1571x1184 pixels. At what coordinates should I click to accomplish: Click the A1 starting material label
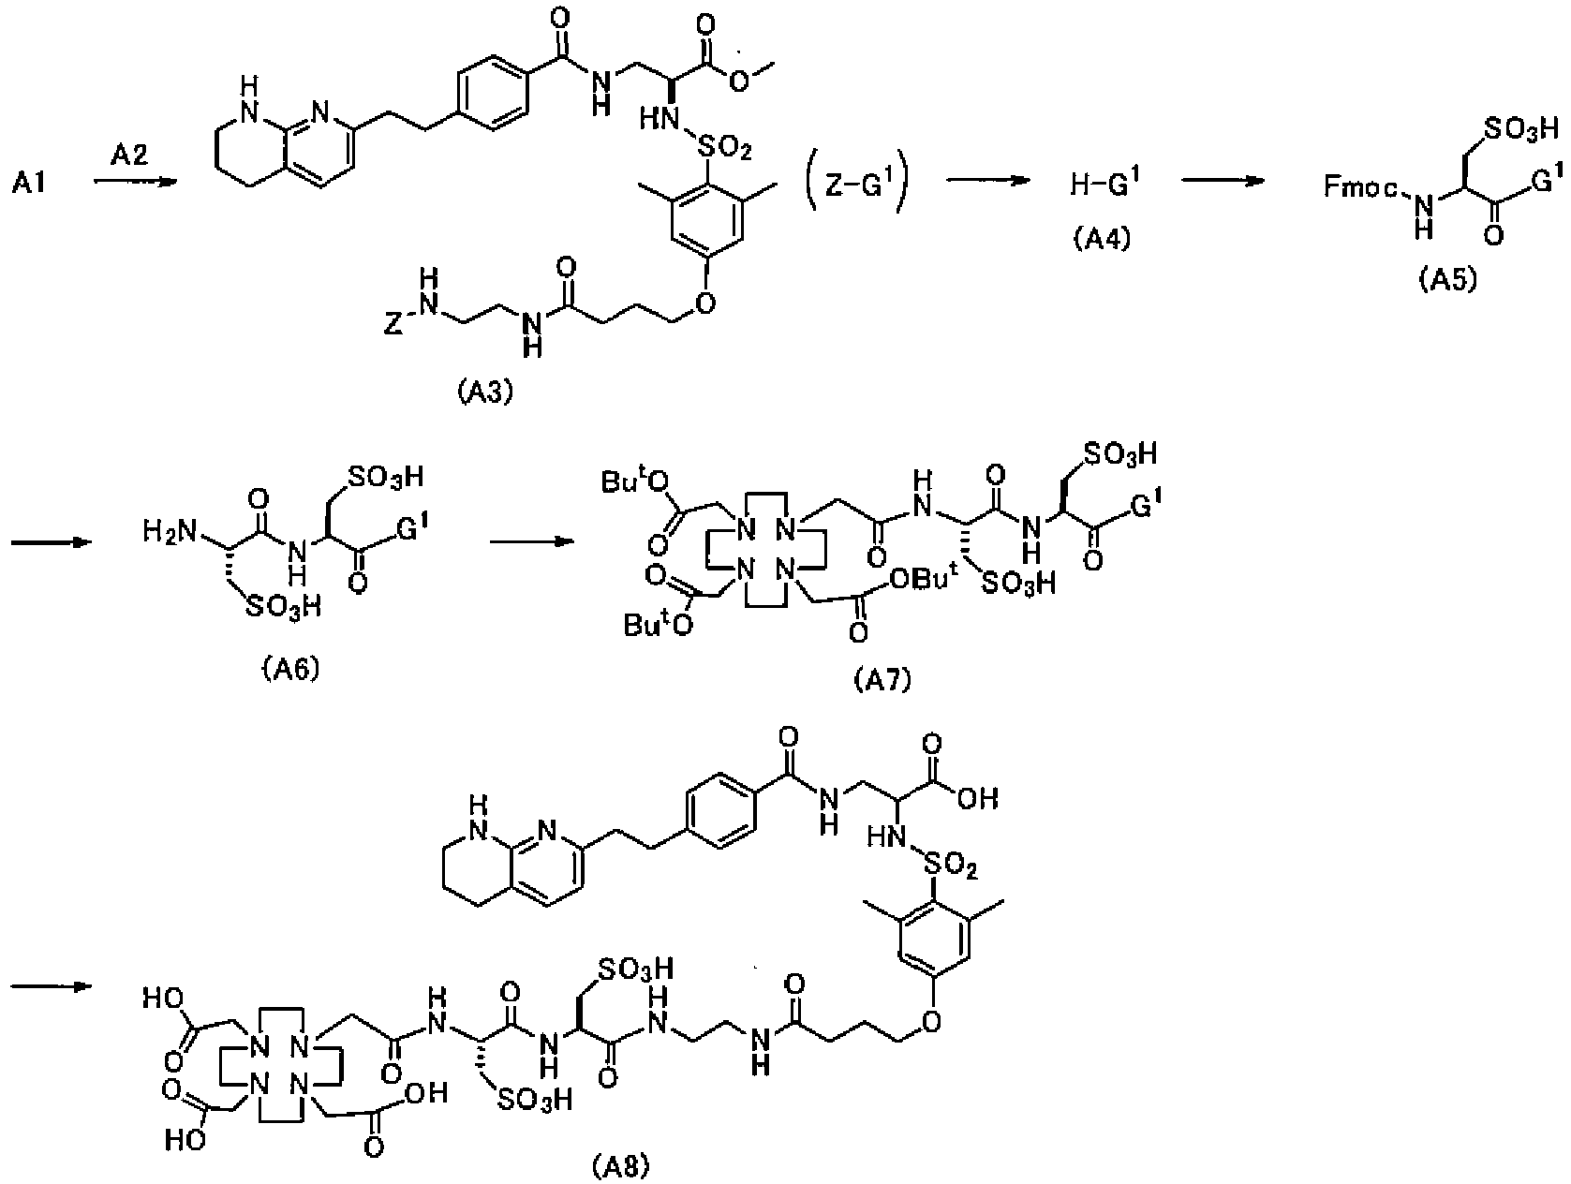coord(29,184)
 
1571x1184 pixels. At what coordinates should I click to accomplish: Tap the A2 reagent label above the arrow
coord(129,155)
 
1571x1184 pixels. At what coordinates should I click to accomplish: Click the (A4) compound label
coord(1102,238)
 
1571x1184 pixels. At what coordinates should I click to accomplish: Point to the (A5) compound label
coord(1448,280)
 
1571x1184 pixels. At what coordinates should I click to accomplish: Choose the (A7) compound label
coord(883,680)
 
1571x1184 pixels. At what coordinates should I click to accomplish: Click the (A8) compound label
coord(621,1167)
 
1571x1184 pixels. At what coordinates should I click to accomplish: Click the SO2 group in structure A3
coord(723,150)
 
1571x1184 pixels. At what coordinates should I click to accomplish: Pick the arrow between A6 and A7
coord(532,541)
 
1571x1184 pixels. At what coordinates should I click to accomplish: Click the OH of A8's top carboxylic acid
coord(978,798)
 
